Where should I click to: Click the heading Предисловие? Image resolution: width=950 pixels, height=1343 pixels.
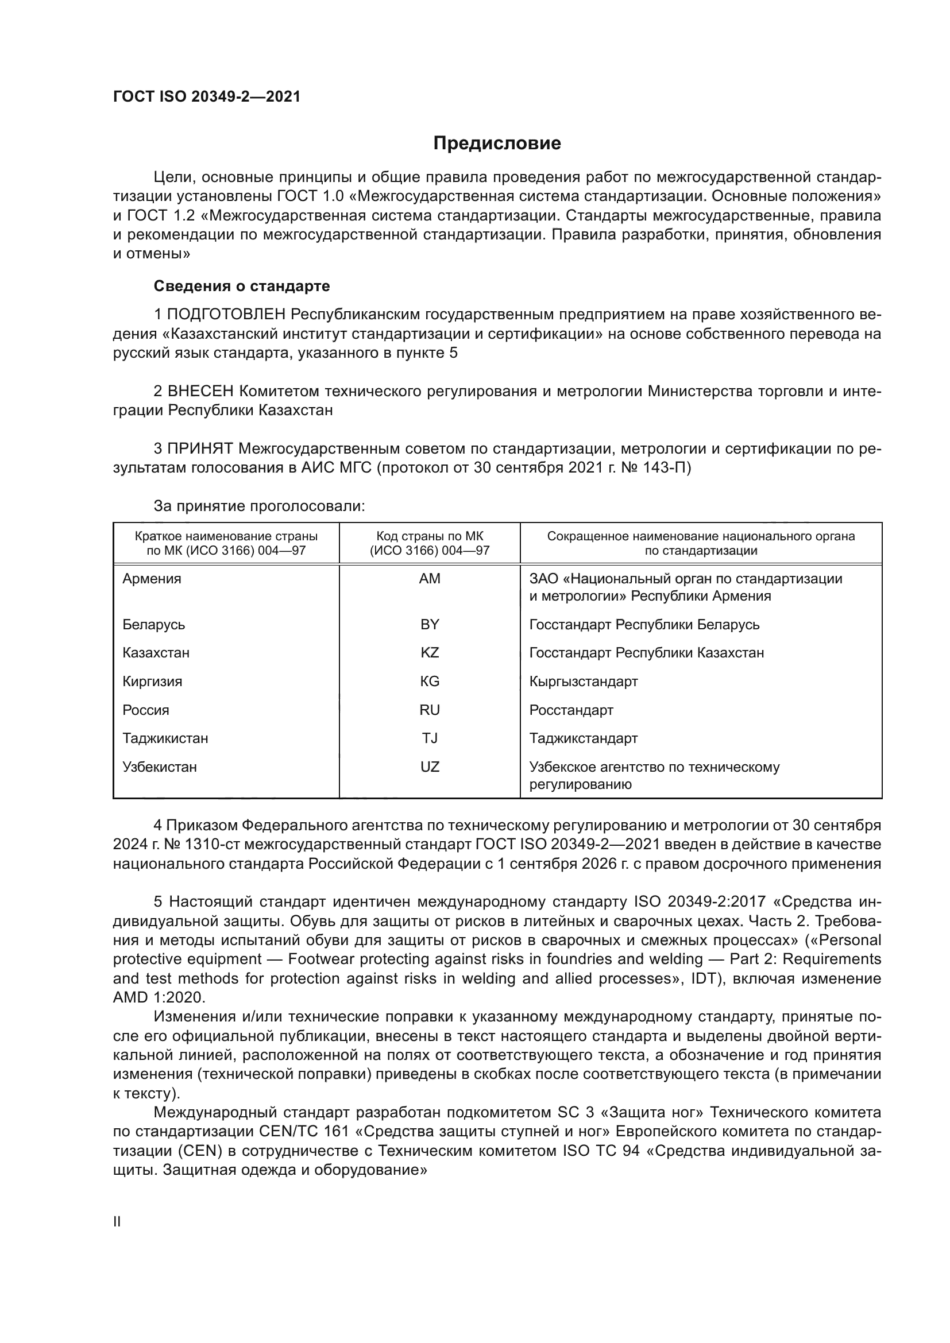(x=497, y=144)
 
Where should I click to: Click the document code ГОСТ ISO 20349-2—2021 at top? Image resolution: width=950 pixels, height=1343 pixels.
(x=207, y=96)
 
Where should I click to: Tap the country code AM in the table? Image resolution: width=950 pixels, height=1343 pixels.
(x=430, y=579)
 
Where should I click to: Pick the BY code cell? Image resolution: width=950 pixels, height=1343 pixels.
(x=430, y=624)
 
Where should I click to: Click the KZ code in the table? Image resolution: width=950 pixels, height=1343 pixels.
(x=430, y=653)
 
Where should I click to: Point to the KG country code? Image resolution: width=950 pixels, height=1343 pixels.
(x=430, y=682)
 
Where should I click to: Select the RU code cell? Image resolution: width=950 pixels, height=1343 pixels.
(x=430, y=710)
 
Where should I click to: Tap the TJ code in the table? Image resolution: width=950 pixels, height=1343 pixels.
(x=430, y=738)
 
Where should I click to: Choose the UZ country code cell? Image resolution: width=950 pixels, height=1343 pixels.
(x=430, y=767)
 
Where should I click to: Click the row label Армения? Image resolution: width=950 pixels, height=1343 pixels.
(x=152, y=579)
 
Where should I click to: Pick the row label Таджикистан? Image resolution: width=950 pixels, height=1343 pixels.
(x=165, y=738)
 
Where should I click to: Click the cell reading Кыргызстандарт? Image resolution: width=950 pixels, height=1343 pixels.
(x=583, y=682)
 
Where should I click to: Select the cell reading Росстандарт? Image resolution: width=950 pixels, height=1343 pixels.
(x=571, y=710)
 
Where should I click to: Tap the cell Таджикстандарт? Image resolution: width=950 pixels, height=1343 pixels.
(x=583, y=738)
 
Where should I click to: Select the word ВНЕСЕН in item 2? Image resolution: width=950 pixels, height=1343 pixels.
(x=200, y=391)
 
